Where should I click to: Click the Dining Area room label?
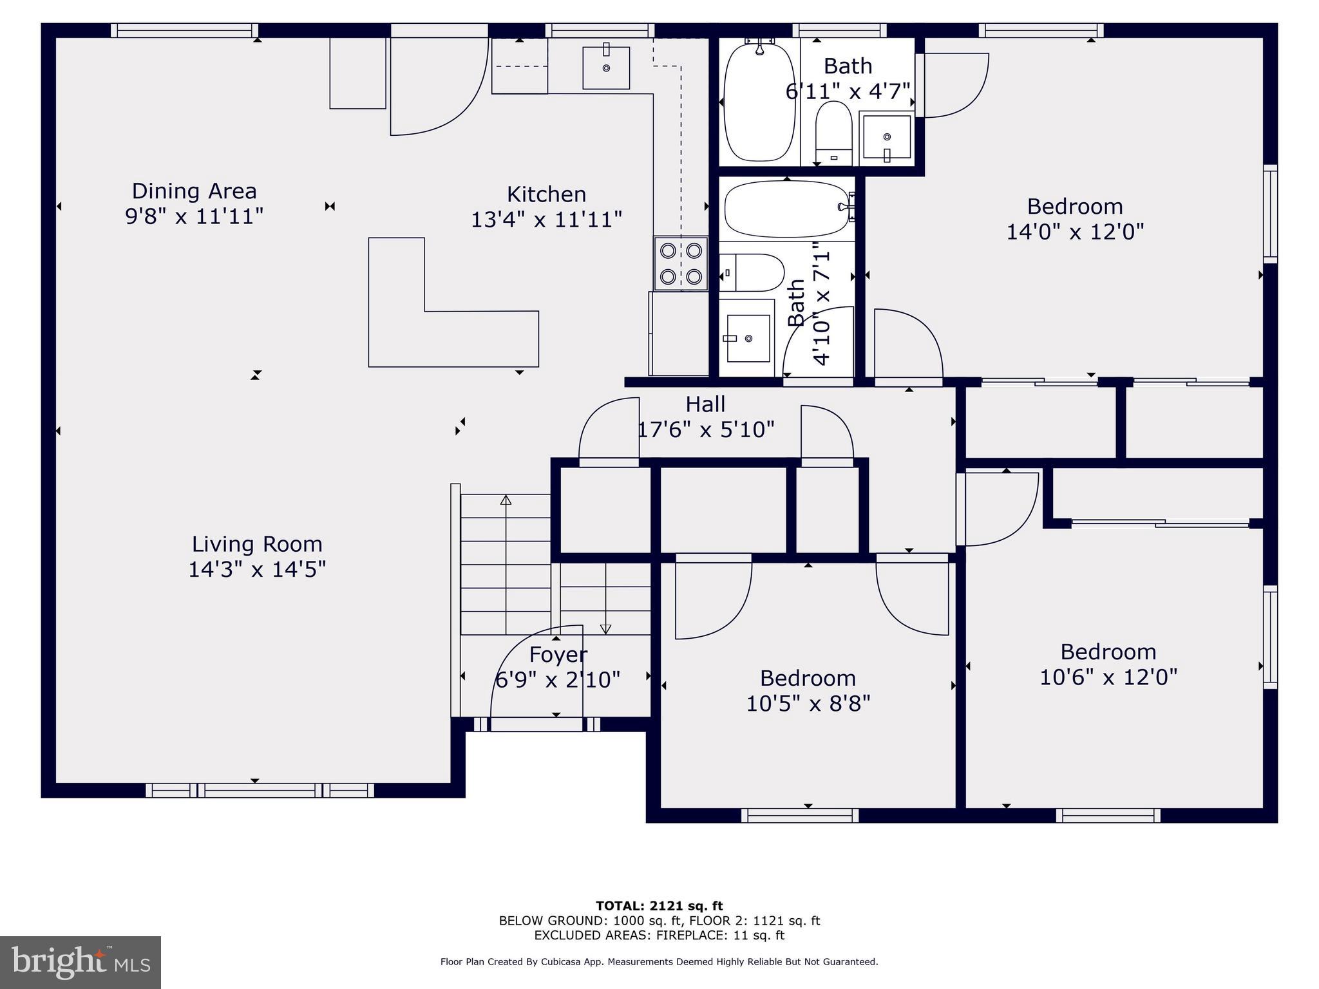point(194,191)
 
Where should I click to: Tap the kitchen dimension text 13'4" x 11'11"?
point(546,220)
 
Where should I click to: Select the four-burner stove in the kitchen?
point(681,263)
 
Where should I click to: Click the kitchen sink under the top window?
point(606,67)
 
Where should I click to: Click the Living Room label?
point(257,544)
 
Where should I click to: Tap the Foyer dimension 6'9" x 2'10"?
point(557,679)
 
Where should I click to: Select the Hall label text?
point(705,404)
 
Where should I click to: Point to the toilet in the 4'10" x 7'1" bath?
point(754,272)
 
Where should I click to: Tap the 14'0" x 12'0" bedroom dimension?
point(1075,232)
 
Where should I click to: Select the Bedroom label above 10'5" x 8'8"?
point(808,678)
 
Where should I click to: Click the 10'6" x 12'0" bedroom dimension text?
point(1108,677)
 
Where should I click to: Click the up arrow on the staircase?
point(506,500)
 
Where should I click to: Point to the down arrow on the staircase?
point(605,628)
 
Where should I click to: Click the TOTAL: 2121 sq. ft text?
point(659,906)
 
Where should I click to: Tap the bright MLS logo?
point(81,962)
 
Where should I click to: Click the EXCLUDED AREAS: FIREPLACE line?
point(659,936)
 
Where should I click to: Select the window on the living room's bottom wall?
point(260,790)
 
